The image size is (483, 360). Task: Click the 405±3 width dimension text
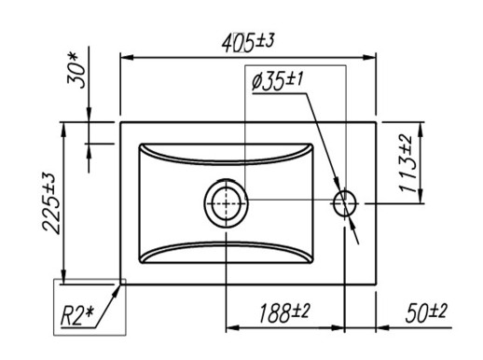[x=248, y=42]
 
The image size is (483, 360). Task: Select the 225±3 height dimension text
[x=49, y=202]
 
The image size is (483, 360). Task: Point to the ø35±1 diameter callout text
[x=277, y=81]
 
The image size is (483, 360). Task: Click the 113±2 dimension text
[x=406, y=164]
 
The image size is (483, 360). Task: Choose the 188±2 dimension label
[x=284, y=312]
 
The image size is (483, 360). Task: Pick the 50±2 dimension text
[x=426, y=312]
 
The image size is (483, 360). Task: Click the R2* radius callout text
[x=76, y=315]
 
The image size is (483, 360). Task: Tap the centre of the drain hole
[x=226, y=203]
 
